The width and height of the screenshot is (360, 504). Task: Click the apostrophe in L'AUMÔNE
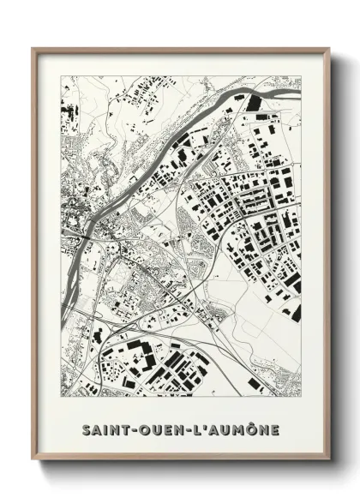coord(201,425)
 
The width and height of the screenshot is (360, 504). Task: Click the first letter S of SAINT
coord(86,429)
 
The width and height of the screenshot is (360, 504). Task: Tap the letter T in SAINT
coord(123,429)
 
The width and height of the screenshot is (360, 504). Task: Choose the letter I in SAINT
coord(105,429)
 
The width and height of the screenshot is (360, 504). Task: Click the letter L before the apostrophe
coord(195,429)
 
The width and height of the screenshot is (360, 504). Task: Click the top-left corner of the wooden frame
coord(33,49)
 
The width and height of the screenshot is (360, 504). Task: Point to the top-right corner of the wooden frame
coord(329,49)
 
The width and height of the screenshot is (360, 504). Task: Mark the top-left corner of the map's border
coord(62,76)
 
